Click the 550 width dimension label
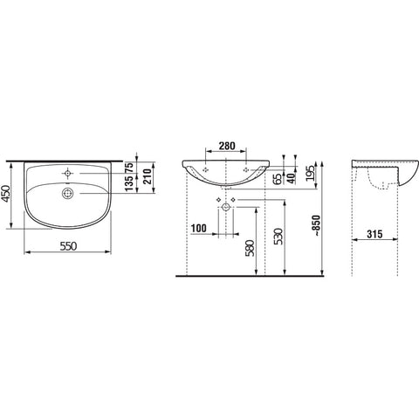(x=68, y=246)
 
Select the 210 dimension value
(x=148, y=176)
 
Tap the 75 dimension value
(x=129, y=168)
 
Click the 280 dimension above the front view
(x=227, y=146)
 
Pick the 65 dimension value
(x=278, y=179)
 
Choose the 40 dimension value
(x=291, y=177)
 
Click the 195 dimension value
(x=312, y=173)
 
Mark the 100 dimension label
(x=199, y=229)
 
